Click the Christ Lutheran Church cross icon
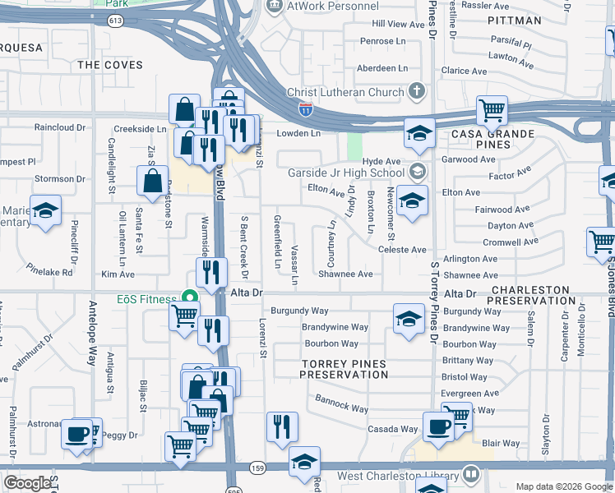point(417,92)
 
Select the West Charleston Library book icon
point(471,475)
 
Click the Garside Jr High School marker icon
point(418,173)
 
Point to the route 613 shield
point(116,19)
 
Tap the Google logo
point(27,483)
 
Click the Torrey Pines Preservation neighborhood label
point(343,369)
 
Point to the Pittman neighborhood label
point(514,20)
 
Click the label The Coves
point(109,65)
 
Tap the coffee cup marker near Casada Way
point(438,426)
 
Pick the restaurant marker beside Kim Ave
point(213,272)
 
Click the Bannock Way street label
point(341,403)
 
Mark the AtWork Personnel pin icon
point(274,6)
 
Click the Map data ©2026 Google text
point(563,486)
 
